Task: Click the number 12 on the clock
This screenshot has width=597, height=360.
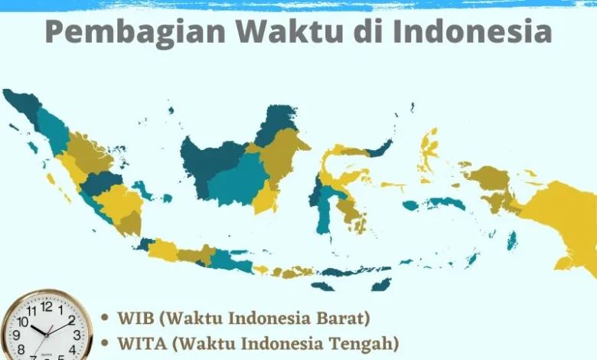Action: coord(47,306)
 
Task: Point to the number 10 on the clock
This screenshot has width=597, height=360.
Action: coord(23,321)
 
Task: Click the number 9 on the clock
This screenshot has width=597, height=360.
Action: coord(16,335)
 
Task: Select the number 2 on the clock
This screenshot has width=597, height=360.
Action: coord(72,320)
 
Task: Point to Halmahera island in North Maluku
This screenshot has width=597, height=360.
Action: coord(429,150)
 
